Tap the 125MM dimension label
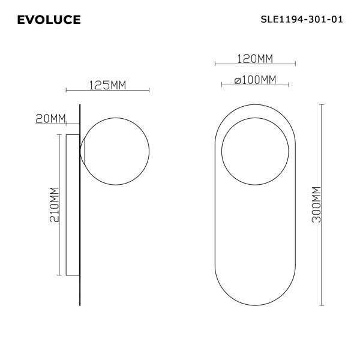pyautogui.click(x=107, y=85)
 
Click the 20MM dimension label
pyautogui.click(x=50, y=118)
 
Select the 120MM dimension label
pyautogui.click(x=254, y=58)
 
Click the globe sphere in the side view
pyautogui.click(x=116, y=151)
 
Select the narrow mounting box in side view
pyautogui.click(x=72, y=205)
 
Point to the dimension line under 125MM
pyautogui.click(x=108, y=92)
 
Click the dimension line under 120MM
pyautogui.click(x=254, y=64)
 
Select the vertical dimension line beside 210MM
pyautogui.click(x=58, y=205)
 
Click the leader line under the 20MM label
pyautogui.click(x=57, y=124)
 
